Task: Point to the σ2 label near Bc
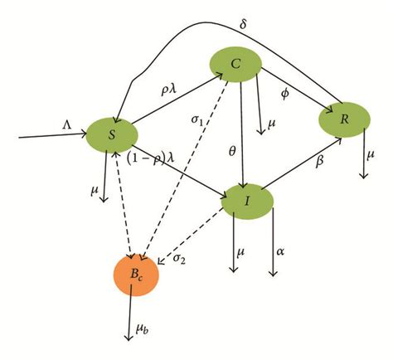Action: [x=180, y=258]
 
